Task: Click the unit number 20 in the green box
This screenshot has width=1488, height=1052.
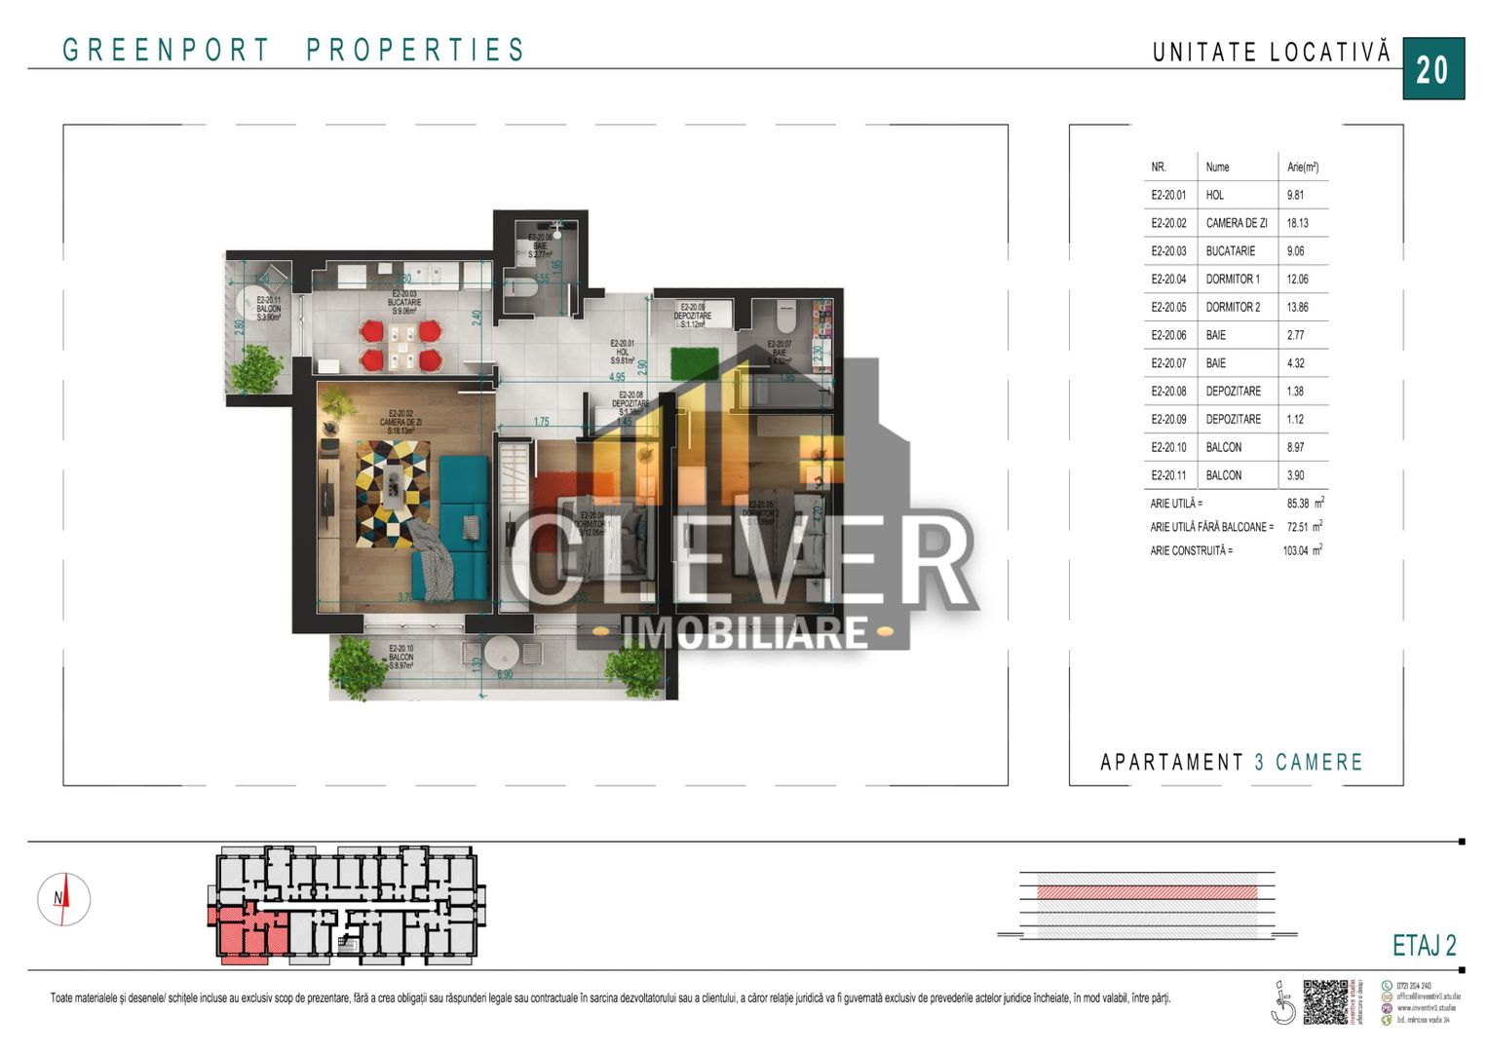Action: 1432,69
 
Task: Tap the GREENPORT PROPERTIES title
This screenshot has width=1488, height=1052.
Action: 293,50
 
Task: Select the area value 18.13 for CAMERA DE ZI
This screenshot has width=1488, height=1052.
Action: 1297,223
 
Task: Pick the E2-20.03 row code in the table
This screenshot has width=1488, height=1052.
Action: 1168,251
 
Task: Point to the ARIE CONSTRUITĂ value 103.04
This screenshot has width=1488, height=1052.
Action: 1296,550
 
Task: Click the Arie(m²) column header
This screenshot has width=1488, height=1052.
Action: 1302,167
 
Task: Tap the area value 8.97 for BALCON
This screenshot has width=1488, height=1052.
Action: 1295,447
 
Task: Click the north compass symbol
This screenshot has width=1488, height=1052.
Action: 63,898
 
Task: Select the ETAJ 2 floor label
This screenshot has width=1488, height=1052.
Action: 1424,945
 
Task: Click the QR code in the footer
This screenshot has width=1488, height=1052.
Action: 1324,1001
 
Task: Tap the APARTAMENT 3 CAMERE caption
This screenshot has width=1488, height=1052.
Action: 1231,762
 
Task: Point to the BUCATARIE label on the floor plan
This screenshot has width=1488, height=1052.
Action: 404,303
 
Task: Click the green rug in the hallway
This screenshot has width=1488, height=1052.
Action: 695,363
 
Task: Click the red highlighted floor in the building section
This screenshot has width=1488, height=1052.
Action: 1146,891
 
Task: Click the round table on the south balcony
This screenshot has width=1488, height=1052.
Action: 503,652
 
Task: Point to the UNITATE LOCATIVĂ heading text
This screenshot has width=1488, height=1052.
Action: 1271,53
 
